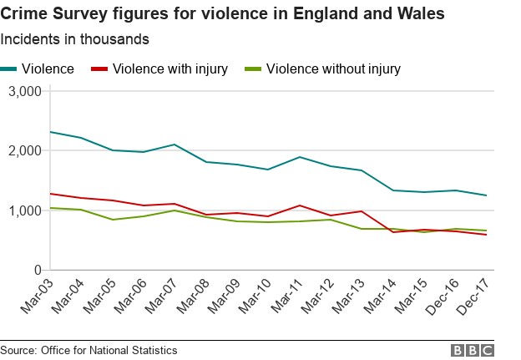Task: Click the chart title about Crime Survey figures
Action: (x=222, y=14)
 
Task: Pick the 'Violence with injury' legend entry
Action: (x=159, y=69)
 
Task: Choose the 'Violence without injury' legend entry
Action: (x=321, y=69)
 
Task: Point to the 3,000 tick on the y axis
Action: (x=24, y=91)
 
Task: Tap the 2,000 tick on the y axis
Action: (x=24, y=151)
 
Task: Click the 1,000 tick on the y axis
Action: (x=24, y=210)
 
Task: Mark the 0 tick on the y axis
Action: (x=38, y=271)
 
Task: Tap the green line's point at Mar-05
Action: (x=113, y=220)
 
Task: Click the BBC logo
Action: (x=473, y=350)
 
